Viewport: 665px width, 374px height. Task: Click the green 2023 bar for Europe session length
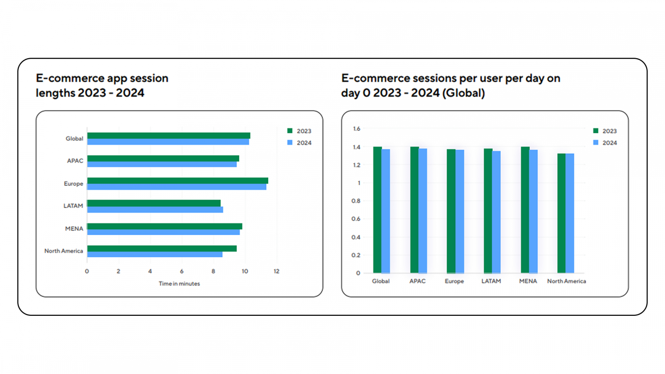[x=177, y=180]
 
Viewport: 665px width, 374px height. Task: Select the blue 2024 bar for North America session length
[x=155, y=254]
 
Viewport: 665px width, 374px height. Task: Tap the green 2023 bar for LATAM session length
[x=154, y=203]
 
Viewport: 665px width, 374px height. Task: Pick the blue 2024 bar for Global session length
[x=168, y=142]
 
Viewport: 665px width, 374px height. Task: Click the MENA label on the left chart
[x=74, y=229]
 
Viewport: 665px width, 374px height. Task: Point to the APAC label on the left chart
[x=75, y=161]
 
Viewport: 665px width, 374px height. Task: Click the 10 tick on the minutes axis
[x=245, y=271]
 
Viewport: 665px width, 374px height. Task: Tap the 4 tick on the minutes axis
[x=150, y=271]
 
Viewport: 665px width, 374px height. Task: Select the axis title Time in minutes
[x=179, y=284]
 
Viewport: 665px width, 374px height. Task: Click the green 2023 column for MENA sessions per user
[x=525, y=210]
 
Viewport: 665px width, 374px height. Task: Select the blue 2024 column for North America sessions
[x=570, y=213]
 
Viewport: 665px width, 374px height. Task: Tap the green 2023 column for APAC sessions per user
[x=414, y=210]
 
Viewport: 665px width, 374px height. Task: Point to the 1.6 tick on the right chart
[x=357, y=129]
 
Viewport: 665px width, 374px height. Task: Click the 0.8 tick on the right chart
[x=356, y=201]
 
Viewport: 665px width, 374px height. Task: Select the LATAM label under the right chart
[x=491, y=281]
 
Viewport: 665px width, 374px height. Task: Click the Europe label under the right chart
[x=454, y=281]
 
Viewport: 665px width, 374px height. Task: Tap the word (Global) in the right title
[x=464, y=93]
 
